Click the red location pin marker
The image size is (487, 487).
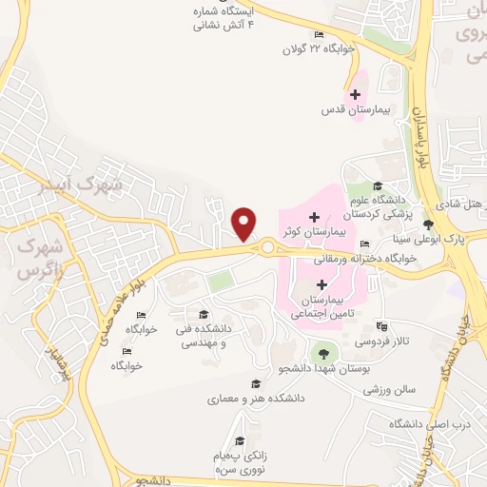(245, 224)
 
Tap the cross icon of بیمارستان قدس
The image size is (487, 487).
(355, 94)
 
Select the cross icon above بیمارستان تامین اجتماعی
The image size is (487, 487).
(321, 283)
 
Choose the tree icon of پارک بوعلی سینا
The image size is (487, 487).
(429, 225)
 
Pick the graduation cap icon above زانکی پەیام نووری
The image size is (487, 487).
(240, 440)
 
